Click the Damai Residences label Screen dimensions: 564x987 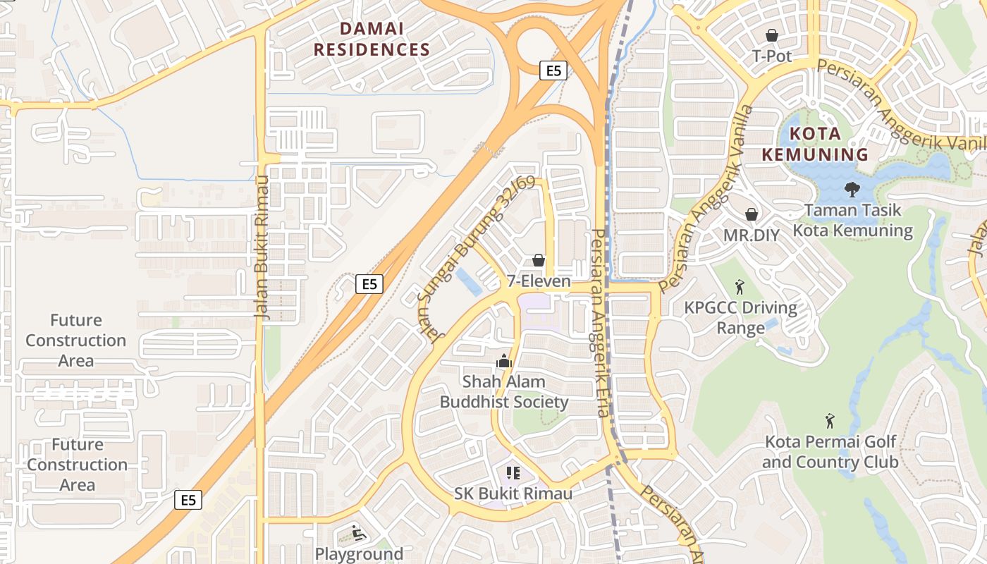372,39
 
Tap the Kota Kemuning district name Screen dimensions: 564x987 828,144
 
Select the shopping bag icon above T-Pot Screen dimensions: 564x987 772,35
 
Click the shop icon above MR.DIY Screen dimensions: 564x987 752,214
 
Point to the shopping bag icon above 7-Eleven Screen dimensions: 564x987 539,260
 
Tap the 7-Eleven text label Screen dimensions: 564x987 539,281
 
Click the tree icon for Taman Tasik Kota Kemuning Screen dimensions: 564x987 852,189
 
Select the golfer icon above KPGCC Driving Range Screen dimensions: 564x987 740,286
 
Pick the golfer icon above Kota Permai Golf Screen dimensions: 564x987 830,421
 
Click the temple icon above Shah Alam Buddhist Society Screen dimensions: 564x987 503,361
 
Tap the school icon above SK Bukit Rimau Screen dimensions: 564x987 513,472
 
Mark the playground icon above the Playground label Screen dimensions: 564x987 358,533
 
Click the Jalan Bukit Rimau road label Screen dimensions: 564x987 262,246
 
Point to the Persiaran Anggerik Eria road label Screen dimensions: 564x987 600,323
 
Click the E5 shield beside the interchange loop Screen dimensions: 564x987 553,70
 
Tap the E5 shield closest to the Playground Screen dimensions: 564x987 188,500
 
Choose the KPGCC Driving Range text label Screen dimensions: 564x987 741,318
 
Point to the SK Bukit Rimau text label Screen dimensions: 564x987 513,493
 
